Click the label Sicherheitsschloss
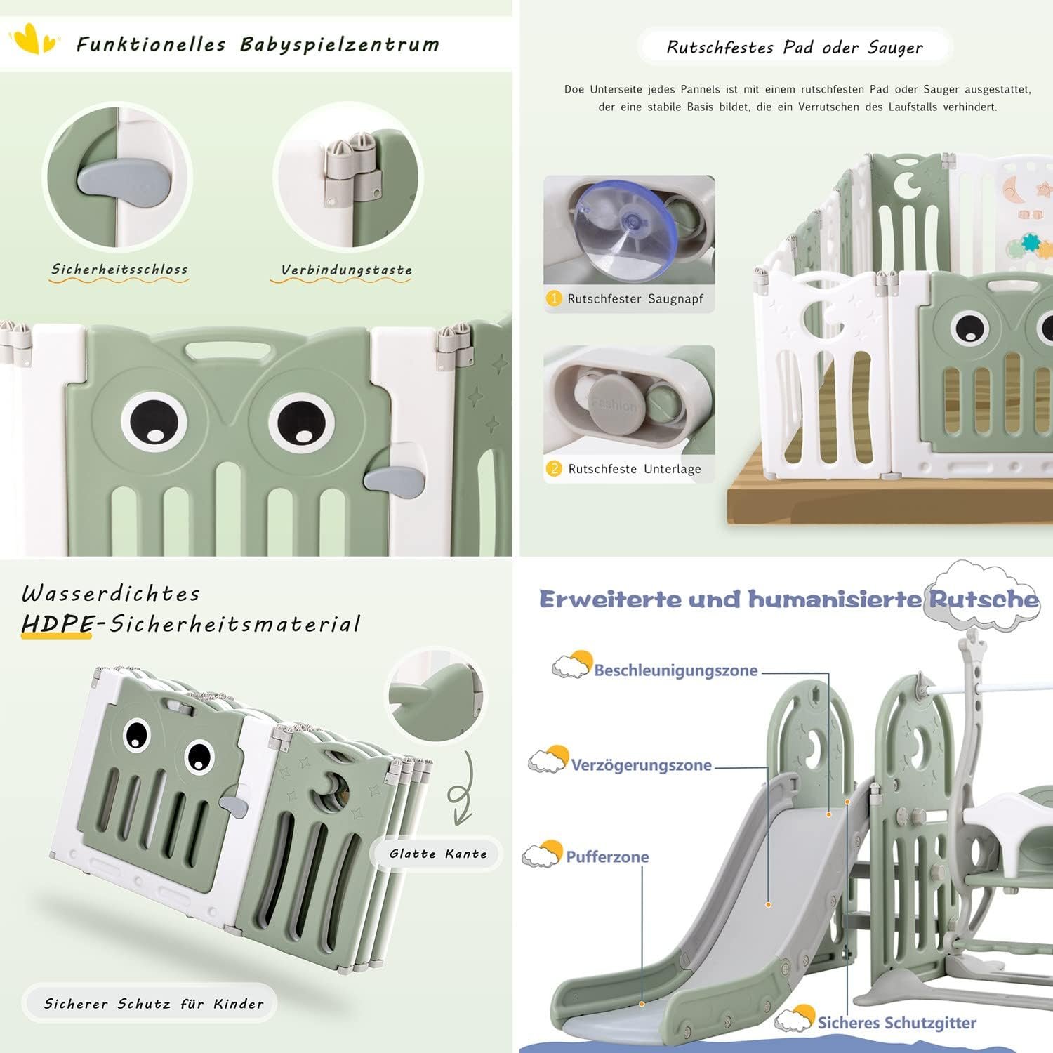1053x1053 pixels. pos(119,270)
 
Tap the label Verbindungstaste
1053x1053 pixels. pos(346,270)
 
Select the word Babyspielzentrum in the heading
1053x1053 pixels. pos(340,44)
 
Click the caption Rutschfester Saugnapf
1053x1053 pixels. pos(635,299)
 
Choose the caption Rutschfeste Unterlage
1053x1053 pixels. pos(635,469)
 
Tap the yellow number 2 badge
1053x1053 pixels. pos(554,468)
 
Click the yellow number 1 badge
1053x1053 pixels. pos(554,298)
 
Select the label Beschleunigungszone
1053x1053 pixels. pos(675,670)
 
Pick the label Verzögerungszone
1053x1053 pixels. pos(641,765)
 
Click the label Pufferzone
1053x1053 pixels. pos(607,857)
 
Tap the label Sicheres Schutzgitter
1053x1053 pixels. pos(896,1023)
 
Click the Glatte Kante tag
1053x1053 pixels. pos(438,854)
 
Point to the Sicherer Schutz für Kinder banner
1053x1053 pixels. pos(154,1004)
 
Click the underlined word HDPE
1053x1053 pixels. pos(57,624)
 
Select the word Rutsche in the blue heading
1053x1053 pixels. pos(984,599)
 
